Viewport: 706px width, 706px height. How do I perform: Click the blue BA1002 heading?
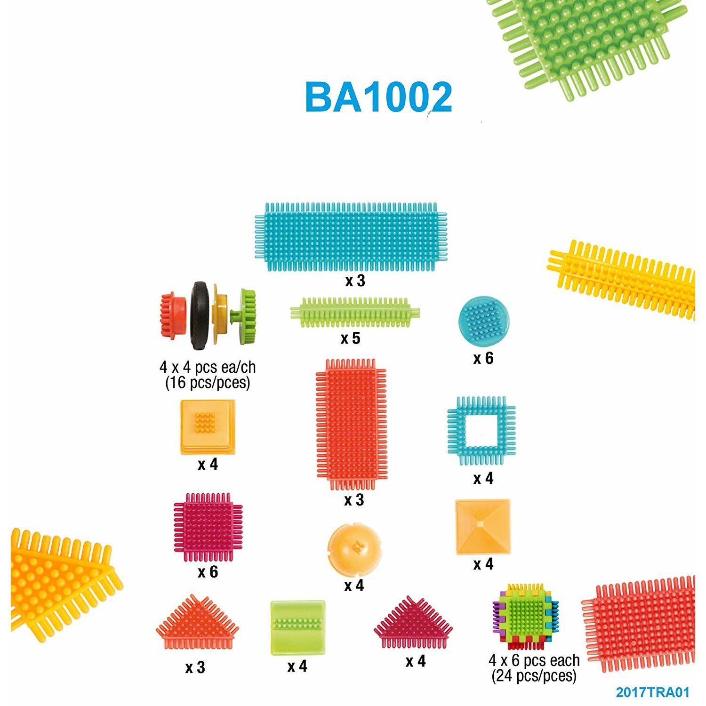click(x=378, y=97)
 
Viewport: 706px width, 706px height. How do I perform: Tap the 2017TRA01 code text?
click(x=652, y=692)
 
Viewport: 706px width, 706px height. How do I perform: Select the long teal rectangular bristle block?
click(x=351, y=237)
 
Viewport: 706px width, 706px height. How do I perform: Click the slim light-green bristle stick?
click(x=354, y=312)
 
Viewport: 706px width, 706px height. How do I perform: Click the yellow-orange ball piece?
click(x=354, y=550)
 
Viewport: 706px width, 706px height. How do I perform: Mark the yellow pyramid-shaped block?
click(x=482, y=527)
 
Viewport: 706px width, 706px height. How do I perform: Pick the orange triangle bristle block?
click(x=197, y=623)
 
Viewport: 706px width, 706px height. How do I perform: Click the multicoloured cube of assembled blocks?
click(x=525, y=617)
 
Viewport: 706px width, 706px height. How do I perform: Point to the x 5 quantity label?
click(x=351, y=338)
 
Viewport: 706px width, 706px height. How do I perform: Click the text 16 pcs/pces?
click(x=208, y=383)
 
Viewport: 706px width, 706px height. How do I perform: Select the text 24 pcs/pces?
click(x=534, y=676)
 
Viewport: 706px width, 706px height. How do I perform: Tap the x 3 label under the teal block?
click(x=355, y=281)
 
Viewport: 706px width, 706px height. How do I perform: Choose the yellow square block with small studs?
click(x=208, y=426)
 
